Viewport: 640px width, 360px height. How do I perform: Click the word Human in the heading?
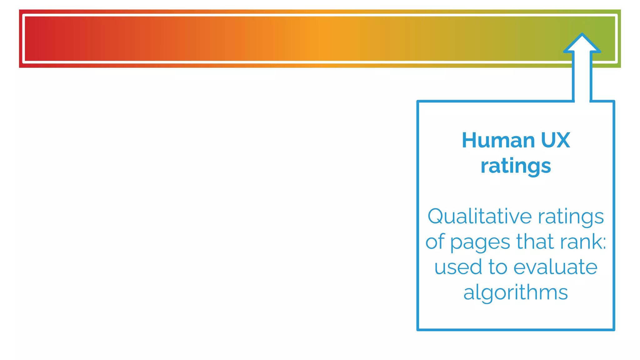coord(498,140)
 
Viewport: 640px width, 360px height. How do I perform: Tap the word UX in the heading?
coord(555,140)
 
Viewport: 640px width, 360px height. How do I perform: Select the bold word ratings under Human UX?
coord(516,166)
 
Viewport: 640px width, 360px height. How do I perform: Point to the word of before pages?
coord(435,242)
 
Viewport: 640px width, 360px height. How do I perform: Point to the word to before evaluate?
coord(498,267)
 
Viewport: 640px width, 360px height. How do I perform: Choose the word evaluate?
coord(555,267)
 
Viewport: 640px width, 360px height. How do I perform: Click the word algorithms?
coord(516,293)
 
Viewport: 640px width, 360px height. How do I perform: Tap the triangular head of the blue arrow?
coord(582,44)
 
